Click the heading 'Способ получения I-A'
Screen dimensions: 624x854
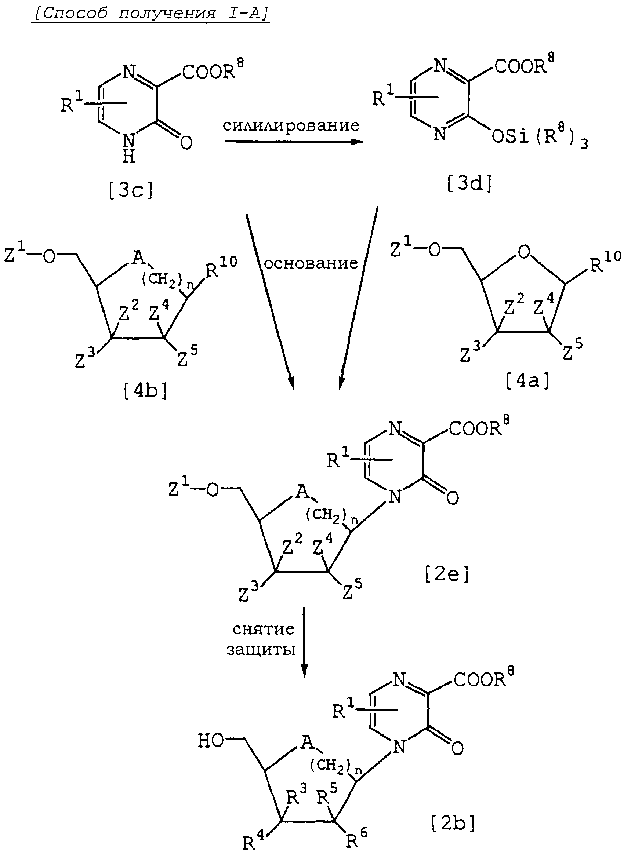click(151, 14)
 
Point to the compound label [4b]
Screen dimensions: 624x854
click(145, 391)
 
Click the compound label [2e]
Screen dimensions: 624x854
click(447, 574)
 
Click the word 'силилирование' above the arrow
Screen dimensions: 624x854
click(291, 125)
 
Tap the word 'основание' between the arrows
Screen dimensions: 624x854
click(311, 263)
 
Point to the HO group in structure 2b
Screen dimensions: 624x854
click(211, 741)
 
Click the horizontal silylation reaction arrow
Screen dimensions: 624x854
click(294, 142)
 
